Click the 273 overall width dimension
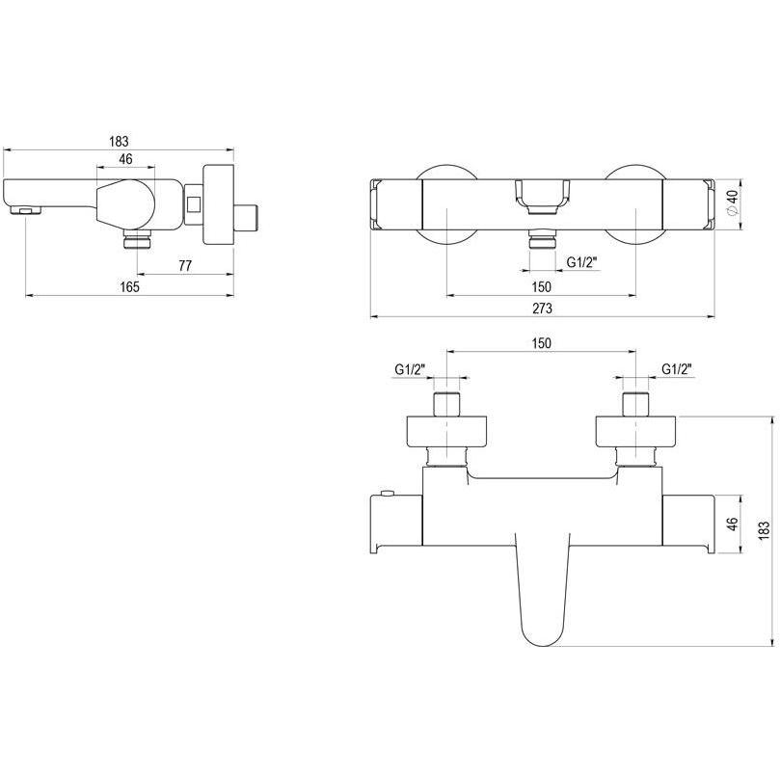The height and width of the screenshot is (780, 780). [542, 309]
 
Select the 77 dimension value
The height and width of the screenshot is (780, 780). [185, 266]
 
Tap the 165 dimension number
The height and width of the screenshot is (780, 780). [130, 286]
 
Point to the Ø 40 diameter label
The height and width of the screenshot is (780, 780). [735, 203]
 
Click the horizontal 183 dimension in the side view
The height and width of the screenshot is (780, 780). [119, 142]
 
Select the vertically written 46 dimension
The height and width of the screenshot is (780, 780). [732, 524]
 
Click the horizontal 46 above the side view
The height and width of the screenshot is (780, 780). [126, 159]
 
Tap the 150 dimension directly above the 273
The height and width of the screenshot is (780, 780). [541, 286]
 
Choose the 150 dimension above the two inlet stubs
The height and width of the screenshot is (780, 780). [541, 343]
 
